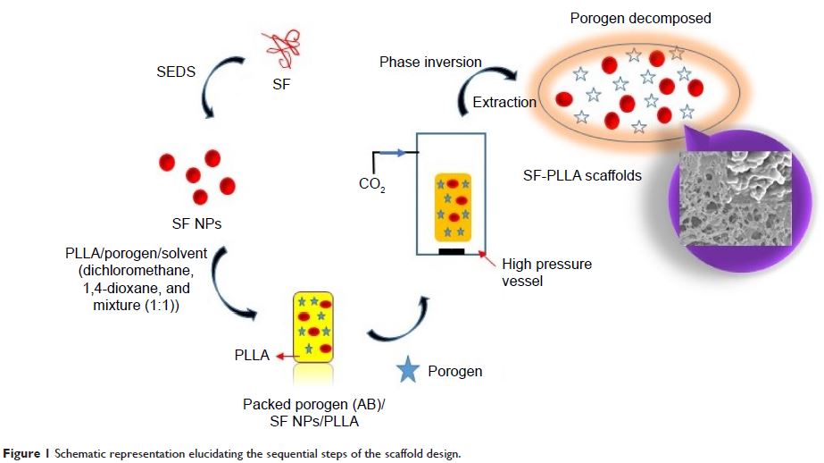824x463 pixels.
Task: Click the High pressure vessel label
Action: pyautogui.click(x=546, y=273)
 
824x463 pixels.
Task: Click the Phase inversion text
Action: pyautogui.click(x=430, y=63)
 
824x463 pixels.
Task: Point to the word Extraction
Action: pyautogui.click(x=504, y=102)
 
